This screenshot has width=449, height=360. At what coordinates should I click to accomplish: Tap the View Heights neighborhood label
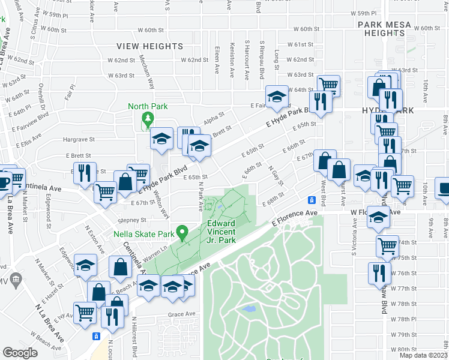coord(149,46)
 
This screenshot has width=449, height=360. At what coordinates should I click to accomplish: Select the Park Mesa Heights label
coord(385,29)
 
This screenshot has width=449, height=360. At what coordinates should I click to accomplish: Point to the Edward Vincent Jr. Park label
coord(220,232)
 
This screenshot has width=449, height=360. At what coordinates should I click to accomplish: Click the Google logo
coord(20,352)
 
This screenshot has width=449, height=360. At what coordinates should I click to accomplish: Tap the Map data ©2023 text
coord(423,355)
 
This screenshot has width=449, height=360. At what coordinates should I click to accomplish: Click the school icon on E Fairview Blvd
coord(277,95)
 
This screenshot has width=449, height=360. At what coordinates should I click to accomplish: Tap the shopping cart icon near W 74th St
coord(387,245)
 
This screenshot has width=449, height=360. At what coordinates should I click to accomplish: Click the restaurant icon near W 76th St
coord(378,273)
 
